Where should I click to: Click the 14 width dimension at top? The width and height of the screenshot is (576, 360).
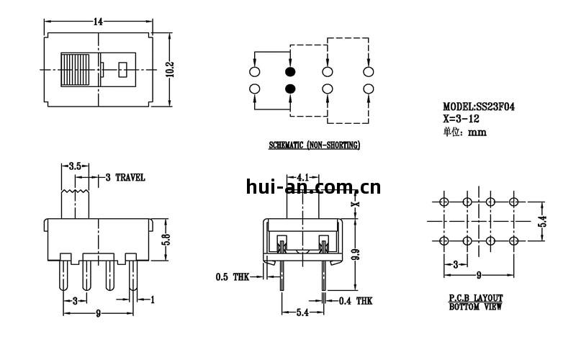pyautogui.click(x=97, y=22)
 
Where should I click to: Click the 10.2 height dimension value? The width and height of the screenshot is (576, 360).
pyautogui.click(x=171, y=68)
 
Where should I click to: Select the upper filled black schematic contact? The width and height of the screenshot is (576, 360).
pyautogui.click(x=290, y=73)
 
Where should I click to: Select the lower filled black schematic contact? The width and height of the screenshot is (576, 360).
pyautogui.click(x=290, y=89)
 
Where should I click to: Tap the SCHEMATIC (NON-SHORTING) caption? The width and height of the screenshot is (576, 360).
pyautogui.click(x=314, y=145)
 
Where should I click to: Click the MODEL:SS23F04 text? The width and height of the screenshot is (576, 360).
pyautogui.click(x=478, y=107)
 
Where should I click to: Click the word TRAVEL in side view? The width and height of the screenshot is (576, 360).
pyautogui.click(x=130, y=177)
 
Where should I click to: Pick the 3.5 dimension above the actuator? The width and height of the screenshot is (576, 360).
pyautogui.click(x=74, y=166)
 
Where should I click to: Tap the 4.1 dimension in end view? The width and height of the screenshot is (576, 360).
pyautogui.click(x=302, y=177)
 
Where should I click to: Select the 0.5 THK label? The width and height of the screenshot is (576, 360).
pyautogui.click(x=232, y=276)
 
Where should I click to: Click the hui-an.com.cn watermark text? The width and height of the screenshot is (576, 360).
pyautogui.click(x=313, y=189)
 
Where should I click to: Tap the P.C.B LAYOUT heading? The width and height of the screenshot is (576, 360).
pyautogui.click(x=475, y=297)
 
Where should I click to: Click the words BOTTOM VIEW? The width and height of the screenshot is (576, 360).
pyautogui.click(x=475, y=307)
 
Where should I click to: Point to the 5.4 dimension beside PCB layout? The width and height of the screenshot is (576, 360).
pyautogui.click(x=544, y=222)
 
